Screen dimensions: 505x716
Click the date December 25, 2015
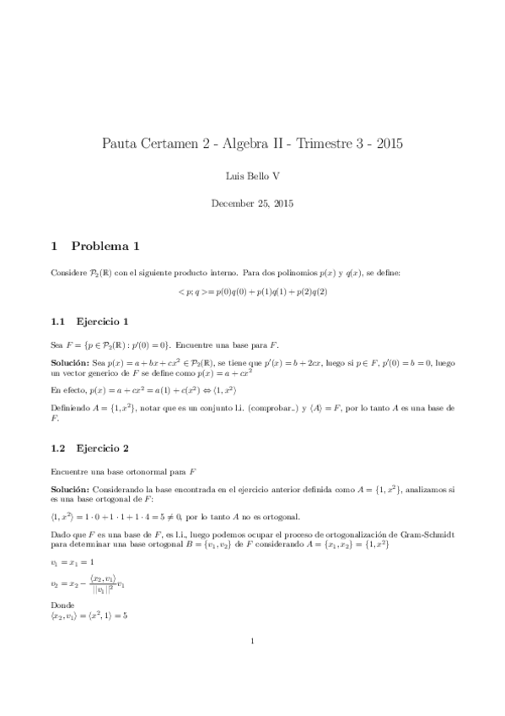[x=252, y=203]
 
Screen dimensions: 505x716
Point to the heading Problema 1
[x=105, y=247]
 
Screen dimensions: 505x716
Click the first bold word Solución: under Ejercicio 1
[x=71, y=361]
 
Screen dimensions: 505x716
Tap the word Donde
[x=62, y=605]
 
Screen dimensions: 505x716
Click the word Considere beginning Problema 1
[x=70, y=273]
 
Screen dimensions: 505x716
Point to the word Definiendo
[x=73, y=408]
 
